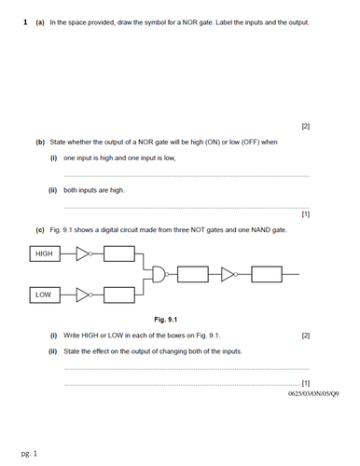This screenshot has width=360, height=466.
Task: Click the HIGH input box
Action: (44, 253)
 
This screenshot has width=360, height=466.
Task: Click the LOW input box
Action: (44, 295)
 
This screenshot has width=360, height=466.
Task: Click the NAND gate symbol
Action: (162, 274)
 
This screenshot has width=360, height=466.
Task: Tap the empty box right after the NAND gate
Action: (192, 274)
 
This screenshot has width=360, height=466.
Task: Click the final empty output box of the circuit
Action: (266, 274)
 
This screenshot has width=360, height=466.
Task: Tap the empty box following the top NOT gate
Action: (118, 253)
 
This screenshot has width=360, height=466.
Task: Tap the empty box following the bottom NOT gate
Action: (118, 295)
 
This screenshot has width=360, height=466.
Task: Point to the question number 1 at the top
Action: (24, 21)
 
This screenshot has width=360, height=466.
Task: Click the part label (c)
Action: (40, 229)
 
